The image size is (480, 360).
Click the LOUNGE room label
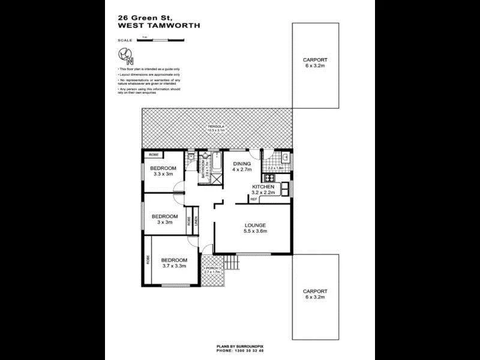255,225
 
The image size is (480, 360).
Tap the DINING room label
242,163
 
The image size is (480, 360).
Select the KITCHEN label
263,187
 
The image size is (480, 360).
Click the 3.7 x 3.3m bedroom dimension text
174,266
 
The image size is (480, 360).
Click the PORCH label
214,268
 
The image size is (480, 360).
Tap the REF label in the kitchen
253,199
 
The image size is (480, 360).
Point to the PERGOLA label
216,126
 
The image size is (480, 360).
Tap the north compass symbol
126,56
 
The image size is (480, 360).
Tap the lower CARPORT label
315,291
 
